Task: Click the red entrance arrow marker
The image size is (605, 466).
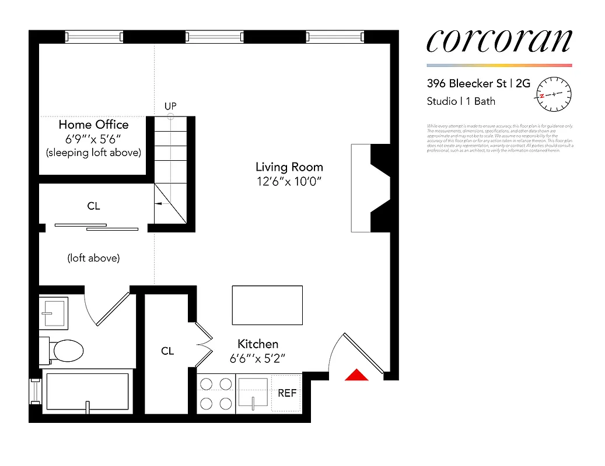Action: pos(356,375)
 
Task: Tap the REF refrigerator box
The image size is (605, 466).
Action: pos(286,393)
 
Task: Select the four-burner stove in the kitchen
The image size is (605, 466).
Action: pos(216,394)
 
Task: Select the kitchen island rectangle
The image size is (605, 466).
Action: pos(267,305)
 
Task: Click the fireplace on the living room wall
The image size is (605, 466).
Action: pos(369,188)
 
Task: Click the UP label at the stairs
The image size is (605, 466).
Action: pos(170,106)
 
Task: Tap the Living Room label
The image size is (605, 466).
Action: pos(289,167)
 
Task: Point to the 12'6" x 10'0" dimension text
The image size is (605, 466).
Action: pos(289,181)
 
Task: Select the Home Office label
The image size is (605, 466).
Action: pos(93,125)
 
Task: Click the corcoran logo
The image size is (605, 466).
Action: pos(499,41)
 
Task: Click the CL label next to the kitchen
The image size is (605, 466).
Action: pos(167,351)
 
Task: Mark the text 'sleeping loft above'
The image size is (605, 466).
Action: pos(93,153)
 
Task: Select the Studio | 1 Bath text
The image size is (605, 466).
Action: pos(461,101)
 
